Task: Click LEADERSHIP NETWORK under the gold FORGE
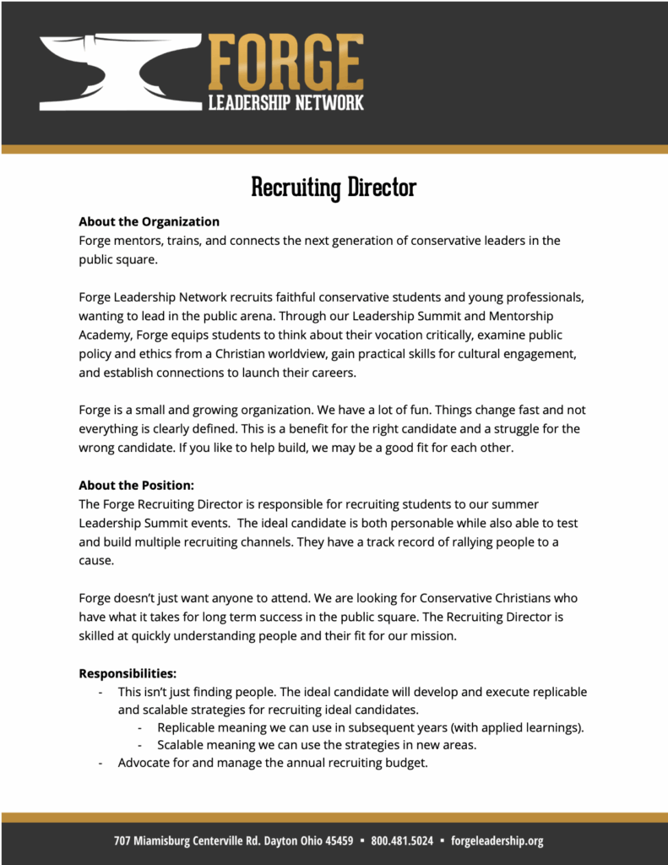tap(285, 103)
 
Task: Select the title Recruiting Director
tap(334, 187)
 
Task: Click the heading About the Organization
tap(149, 221)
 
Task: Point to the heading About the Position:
tap(136, 486)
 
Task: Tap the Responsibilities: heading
tap(128, 673)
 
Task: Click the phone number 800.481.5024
tap(402, 841)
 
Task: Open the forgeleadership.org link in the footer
tap(497, 841)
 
